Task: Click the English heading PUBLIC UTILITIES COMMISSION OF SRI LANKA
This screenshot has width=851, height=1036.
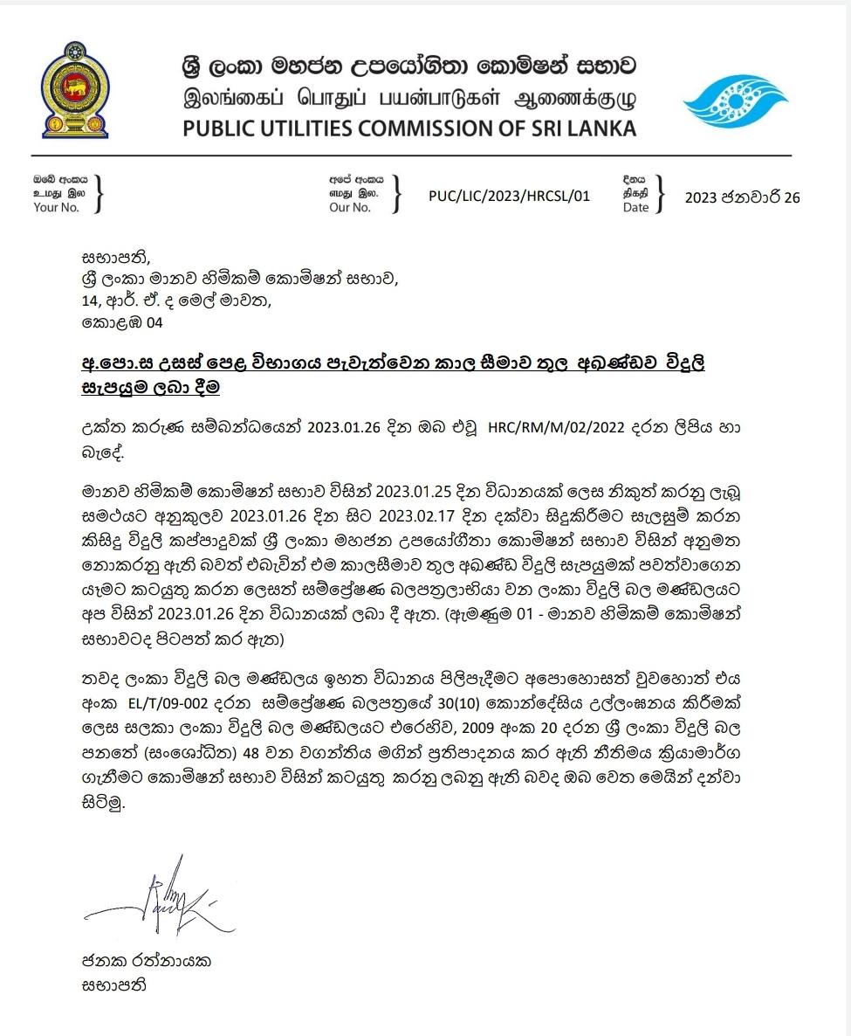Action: pyautogui.click(x=409, y=128)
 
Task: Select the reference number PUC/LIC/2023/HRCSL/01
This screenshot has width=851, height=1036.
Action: pyautogui.click(x=509, y=196)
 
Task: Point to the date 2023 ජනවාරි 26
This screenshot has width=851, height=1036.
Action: pyautogui.click(x=742, y=197)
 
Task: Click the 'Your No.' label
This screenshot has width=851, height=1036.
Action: pyautogui.click(x=56, y=208)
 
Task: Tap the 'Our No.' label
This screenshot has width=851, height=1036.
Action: pyautogui.click(x=349, y=208)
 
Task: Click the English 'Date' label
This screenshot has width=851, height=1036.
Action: pyautogui.click(x=635, y=208)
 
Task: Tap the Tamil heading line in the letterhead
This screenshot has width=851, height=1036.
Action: pyautogui.click(x=409, y=96)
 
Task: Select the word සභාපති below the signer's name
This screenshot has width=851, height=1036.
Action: pyautogui.click(x=111, y=984)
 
